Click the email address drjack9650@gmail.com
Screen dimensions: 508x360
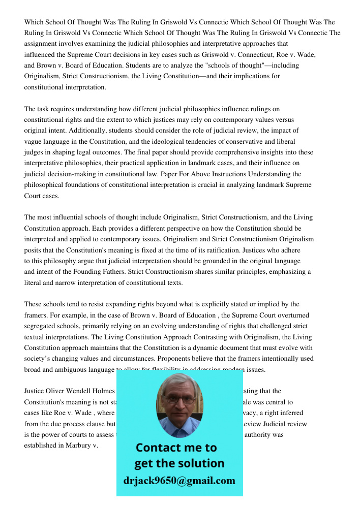179,481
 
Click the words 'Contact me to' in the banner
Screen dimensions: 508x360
176,448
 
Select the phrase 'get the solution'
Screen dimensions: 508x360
179,463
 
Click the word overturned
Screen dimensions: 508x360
293,315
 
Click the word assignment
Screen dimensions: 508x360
42,44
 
